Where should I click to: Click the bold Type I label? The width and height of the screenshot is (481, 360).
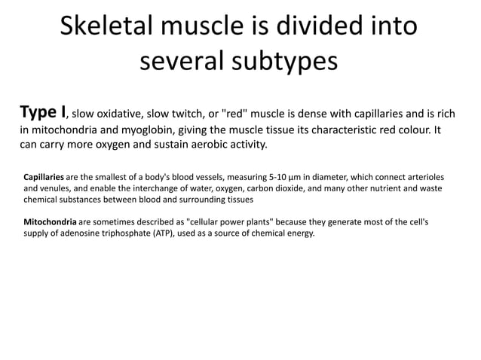pyautogui.click(x=42, y=113)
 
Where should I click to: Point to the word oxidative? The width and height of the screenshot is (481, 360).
pyautogui.click(x=120, y=115)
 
